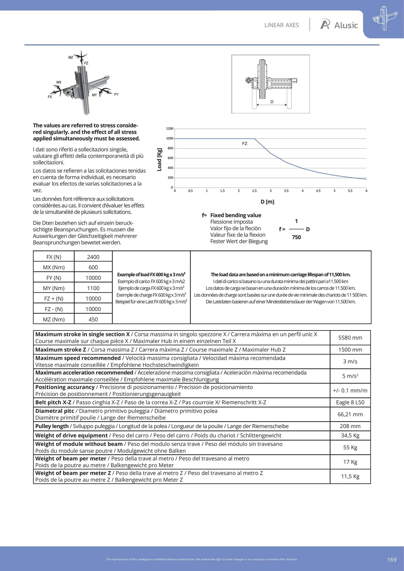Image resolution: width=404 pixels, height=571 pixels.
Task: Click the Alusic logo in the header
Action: [x=339, y=25]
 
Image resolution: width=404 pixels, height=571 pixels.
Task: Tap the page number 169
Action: [x=392, y=559]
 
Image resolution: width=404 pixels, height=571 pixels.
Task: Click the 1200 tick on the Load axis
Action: [x=170, y=128]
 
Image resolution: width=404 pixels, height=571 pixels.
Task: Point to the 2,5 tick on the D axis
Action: [x=254, y=191]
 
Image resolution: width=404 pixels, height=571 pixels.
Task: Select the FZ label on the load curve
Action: [x=245, y=144]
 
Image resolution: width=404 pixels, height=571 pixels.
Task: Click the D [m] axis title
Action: [x=267, y=202]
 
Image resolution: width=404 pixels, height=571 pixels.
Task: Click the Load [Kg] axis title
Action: [x=159, y=159]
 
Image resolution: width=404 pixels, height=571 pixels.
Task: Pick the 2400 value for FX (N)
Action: [x=93, y=257]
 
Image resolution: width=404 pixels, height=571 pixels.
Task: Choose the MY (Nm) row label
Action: [x=54, y=288]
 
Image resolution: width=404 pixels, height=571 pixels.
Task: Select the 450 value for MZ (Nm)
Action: [x=93, y=319]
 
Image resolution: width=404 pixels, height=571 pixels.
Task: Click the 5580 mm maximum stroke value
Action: [x=350, y=338]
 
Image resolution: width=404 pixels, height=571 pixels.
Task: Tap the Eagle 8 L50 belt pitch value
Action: [x=350, y=402]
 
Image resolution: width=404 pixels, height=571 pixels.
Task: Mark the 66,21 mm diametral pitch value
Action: [x=350, y=414]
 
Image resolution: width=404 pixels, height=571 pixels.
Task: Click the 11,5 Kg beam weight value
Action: [x=350, y=476]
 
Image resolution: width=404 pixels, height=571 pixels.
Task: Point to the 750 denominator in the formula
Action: [x=296, y=237]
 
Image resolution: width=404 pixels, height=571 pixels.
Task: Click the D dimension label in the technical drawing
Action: [x=272, y=102]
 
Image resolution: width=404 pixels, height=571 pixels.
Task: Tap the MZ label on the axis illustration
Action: [x=71, y=57]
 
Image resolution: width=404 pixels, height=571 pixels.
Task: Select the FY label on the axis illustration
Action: [x=116, y=94]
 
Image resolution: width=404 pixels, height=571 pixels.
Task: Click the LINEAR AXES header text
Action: [x=281, y=25]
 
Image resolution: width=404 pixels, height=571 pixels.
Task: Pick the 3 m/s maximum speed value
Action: [x=350, y=361]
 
